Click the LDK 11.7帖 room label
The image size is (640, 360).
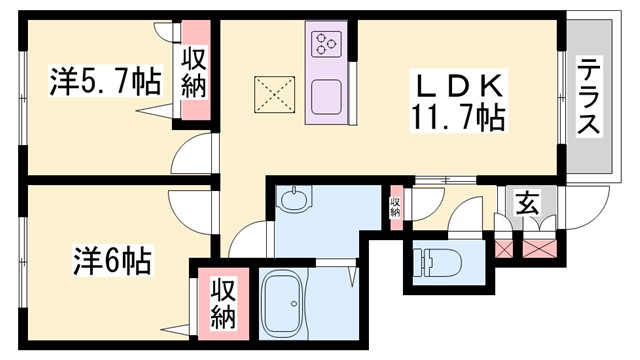455,100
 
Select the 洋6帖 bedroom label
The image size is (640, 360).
111,262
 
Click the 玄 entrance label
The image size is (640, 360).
527,203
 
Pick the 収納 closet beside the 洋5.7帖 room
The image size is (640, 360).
194,75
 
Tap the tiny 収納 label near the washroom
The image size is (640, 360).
395,207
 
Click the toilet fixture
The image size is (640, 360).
437,263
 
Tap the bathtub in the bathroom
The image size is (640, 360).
289,306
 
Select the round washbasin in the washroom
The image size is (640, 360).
295,201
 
